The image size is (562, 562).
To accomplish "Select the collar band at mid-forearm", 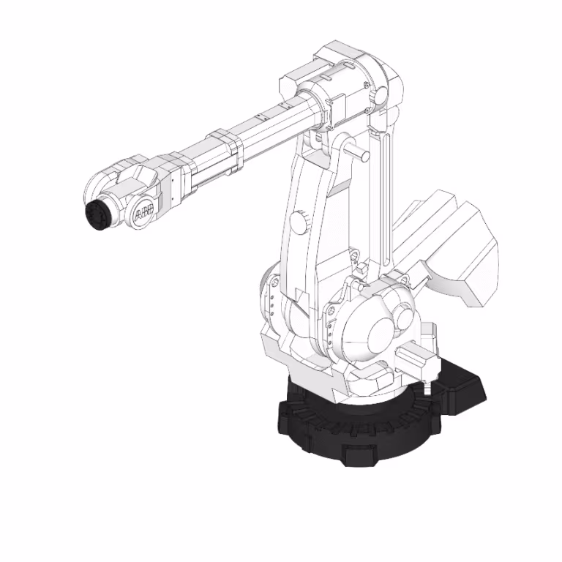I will tap(224, 151).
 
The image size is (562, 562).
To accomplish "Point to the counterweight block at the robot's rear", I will tap(454, 249).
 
